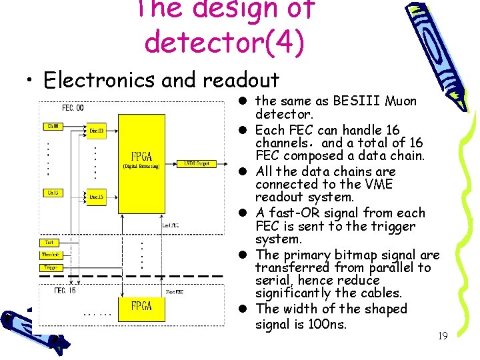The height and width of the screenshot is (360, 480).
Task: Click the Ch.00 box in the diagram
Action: click(53, 126)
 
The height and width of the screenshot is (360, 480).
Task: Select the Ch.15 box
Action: click(53, 193)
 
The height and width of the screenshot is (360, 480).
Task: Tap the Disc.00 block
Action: click(97, 131)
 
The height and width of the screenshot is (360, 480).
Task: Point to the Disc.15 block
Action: click(97, 197)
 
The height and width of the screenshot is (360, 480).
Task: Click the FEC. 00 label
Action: click(73, 108)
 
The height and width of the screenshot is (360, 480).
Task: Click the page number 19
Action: click(442, 336)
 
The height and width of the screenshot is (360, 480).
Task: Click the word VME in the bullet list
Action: click(379, 184)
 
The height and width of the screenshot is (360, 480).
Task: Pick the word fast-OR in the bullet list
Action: click(297, 213)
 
